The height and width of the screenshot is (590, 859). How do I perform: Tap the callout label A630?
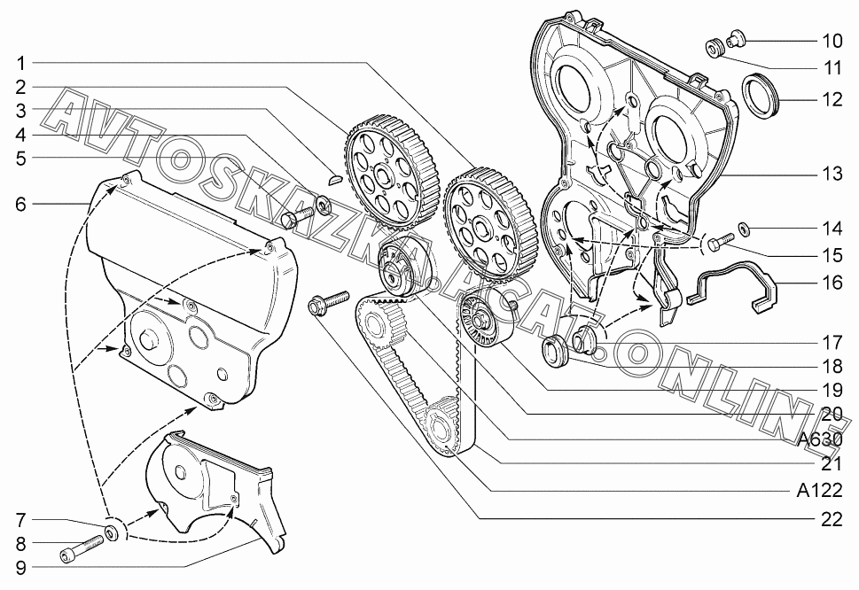[820, 439]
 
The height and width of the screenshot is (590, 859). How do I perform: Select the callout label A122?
[820, 491]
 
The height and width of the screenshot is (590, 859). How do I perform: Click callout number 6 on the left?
[20, 204]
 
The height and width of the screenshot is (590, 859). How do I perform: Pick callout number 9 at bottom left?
[20, 568]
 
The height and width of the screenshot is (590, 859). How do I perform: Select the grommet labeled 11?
[714, 48]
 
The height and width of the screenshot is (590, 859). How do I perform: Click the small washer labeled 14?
[745, 227]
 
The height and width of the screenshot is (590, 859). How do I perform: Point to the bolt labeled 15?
[721, 241]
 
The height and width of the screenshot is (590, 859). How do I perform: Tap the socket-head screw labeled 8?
[81, 548]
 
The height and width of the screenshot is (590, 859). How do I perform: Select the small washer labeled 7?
[113, 532]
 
